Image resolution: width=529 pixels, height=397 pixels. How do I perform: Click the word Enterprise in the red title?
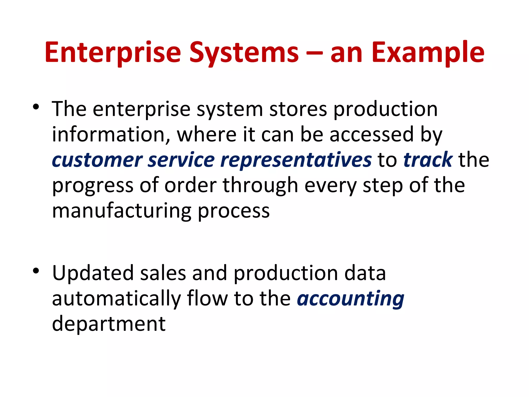pos(113,53)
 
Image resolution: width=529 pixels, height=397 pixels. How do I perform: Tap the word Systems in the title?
pos(244,53)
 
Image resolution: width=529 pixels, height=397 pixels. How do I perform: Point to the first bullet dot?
pos(36,107)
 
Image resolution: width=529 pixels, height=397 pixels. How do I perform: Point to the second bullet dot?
pos(36,271)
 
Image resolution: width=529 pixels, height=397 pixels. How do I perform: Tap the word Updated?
pos(93,273)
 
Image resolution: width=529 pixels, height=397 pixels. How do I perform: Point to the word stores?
pos(298,109)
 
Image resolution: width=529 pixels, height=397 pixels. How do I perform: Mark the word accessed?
pos(372,135)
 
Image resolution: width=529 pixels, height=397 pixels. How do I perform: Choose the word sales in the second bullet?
pos(163,273)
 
